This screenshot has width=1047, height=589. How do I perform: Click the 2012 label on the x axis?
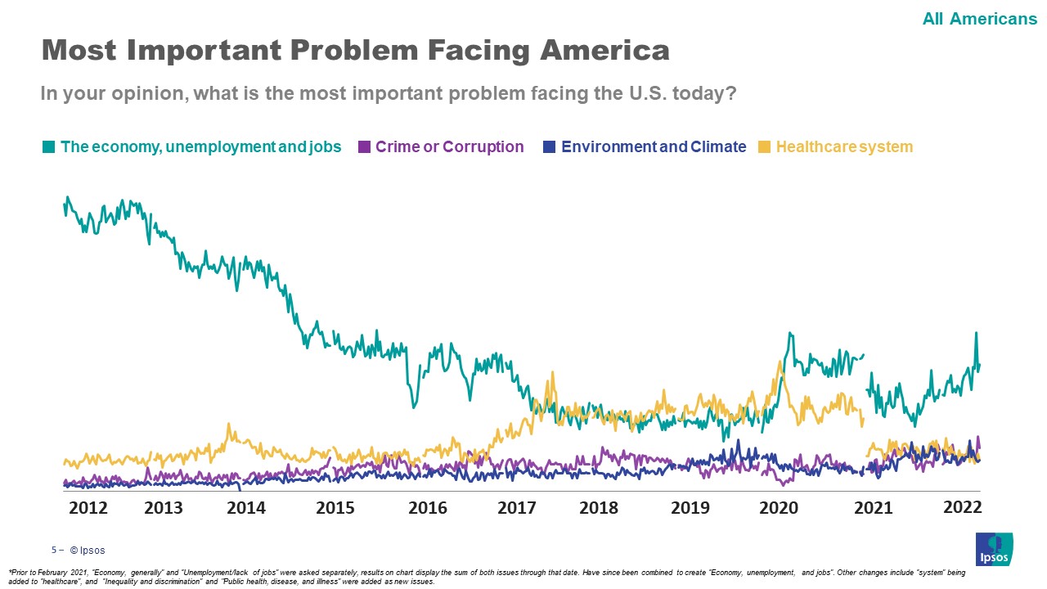pos(88,508)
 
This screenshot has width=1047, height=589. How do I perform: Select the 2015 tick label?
pos(335,508)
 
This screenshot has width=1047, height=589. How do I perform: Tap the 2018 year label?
pos(599,508)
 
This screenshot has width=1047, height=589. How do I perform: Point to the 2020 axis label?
pos(779,508)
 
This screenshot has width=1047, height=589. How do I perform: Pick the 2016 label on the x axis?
pos(428,508)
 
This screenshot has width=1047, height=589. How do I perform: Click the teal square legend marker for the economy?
pos(49,147)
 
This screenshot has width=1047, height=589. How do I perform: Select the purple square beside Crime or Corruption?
pos(364,147)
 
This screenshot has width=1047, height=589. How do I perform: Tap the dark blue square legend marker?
pos(550,147)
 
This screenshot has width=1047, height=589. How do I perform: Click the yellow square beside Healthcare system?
pos(765,147)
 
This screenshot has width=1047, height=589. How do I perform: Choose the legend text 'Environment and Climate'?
pos(654,147)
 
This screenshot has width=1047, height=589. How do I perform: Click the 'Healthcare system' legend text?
pos(844,147)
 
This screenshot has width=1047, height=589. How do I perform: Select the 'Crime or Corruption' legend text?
pos(449,147)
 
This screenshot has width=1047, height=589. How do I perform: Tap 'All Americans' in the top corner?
pos(979,18)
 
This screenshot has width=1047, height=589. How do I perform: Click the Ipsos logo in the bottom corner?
pos(994,549)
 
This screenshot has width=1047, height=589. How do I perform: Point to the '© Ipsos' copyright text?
pos(88,551)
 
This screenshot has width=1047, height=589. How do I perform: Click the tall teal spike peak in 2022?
pos(976,333)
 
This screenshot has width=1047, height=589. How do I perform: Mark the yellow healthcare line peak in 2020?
pos(780,362)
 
